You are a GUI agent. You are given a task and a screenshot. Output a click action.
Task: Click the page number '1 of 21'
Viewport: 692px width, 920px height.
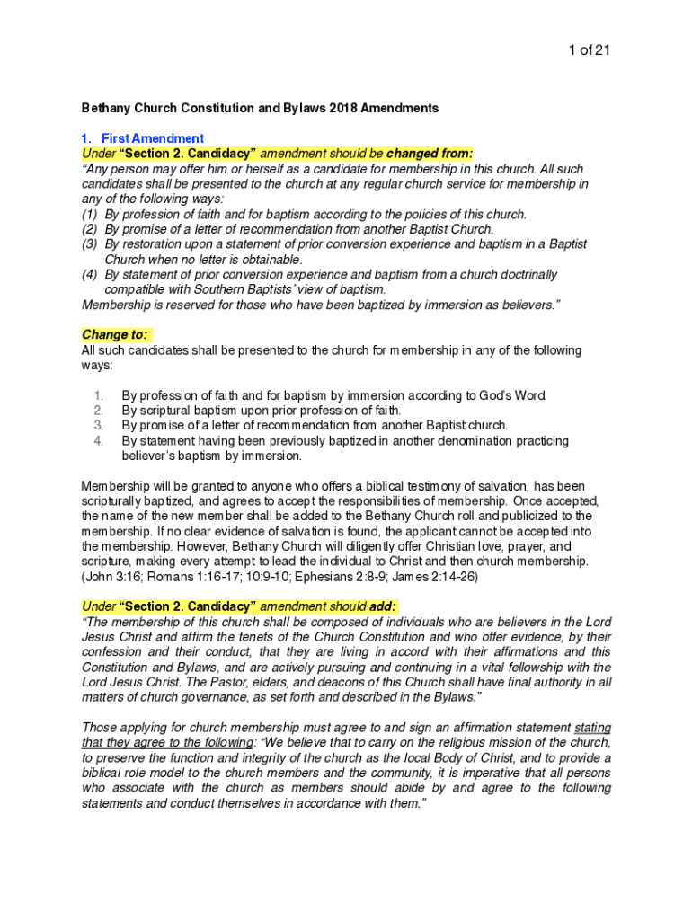coord(590,50)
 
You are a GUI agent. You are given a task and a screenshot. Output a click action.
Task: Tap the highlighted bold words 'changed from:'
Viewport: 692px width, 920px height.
coord(430,154)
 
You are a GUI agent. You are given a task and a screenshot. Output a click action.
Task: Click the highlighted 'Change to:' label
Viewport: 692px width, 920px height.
coord(114,334)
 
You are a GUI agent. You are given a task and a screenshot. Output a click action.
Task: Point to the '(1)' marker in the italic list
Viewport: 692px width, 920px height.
coord(89,215)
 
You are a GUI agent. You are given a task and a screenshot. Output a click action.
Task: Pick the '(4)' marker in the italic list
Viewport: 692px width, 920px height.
coord(89,275)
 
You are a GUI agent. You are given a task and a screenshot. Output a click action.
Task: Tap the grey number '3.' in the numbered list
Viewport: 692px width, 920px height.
coord(99,425)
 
